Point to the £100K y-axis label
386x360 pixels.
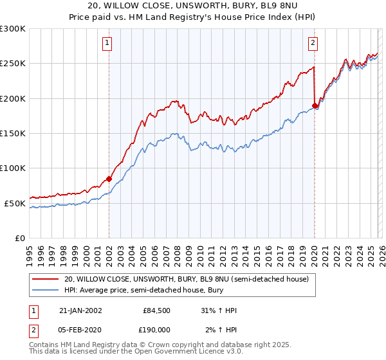(x=13, y=168)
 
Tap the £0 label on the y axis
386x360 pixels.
(x=19, y=238)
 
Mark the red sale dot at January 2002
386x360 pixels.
(x=109, y=179)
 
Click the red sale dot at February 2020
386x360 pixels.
(x=315, y=105)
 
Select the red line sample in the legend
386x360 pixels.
(x=46, y=279)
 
